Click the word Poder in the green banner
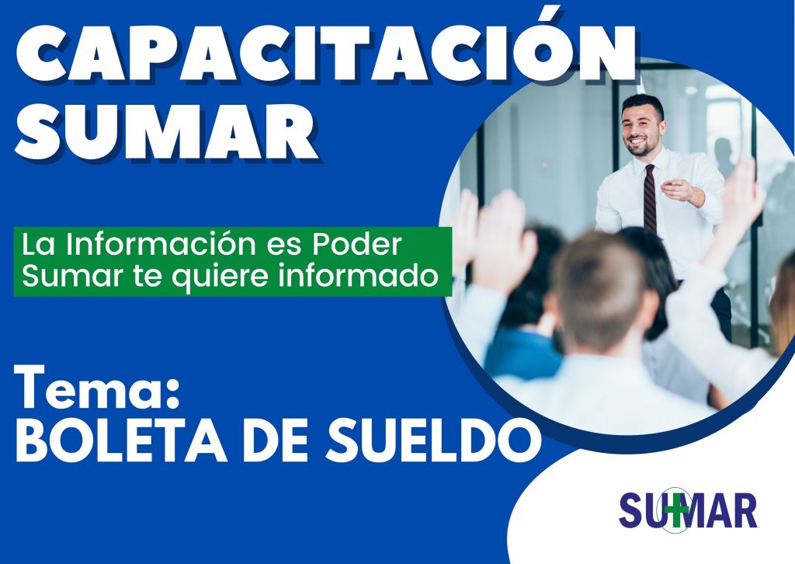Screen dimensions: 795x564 (x=357, y=244)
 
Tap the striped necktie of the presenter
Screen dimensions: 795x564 (x=650, y=200)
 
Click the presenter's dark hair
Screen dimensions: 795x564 (x=643, y=106)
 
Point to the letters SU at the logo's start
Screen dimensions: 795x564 (x=640, y=510)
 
